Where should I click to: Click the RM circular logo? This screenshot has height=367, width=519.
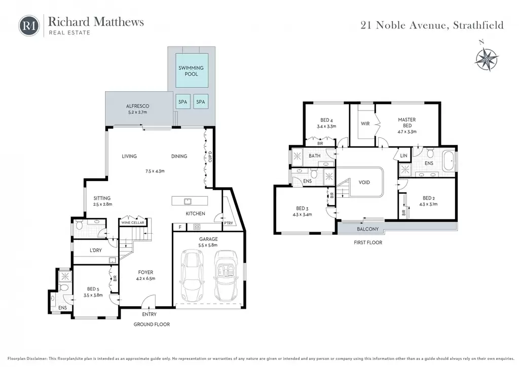coord(29,25)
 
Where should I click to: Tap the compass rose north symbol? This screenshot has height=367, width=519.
coord(487,59)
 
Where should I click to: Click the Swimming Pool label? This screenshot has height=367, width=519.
coord(191,71)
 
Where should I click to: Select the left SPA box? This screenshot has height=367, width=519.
coord(182,102)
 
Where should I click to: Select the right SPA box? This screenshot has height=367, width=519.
coord(201,102)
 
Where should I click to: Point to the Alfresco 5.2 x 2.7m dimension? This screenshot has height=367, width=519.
coord(138,112)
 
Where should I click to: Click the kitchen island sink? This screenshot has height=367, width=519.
coord(188,201)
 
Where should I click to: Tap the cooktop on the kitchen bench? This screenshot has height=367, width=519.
coord(197,227)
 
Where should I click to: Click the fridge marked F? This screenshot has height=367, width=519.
coord(180,227)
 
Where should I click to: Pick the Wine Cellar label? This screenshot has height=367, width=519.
coord(133,223)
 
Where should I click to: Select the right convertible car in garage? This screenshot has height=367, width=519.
coord(226,276)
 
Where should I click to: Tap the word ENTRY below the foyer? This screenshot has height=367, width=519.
coord(150,314)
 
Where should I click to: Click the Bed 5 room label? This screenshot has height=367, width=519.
coord(93,289)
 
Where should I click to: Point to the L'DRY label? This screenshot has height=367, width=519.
coord(96,250)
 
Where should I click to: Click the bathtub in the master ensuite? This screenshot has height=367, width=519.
coord(449,161)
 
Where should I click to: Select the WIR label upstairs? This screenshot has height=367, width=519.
coord(365,124)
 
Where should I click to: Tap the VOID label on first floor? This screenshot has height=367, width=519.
coord(364,182)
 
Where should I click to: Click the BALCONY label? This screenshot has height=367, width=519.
coord(368,229)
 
